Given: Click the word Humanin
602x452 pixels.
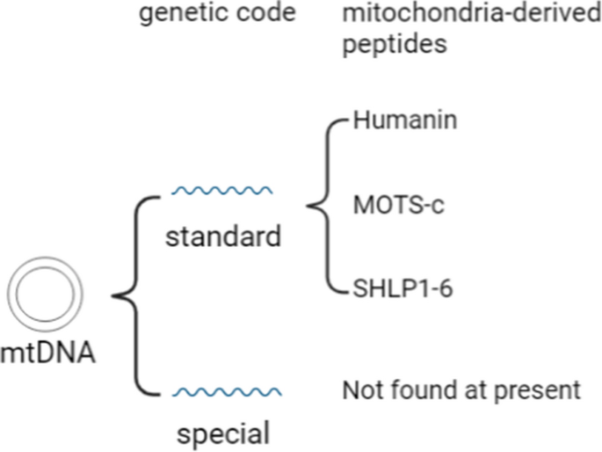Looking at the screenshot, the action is click(405, 120).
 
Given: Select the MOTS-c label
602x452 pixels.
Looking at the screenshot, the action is click(398, 204).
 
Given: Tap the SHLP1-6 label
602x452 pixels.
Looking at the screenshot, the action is click(403, 288).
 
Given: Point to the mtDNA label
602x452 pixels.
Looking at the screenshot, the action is click(47, 353).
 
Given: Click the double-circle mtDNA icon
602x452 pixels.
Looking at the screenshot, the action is click(8, 294).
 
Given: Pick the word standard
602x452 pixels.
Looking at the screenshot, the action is click(223, 237).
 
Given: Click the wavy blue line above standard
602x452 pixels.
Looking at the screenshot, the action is click(222, 191).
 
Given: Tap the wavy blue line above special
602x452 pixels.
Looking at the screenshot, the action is click(227, 391).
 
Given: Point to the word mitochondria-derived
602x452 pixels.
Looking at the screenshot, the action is click(472, 13).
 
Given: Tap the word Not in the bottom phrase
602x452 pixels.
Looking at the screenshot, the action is click(362, 390).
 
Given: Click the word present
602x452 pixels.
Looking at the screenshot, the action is click(537, 391).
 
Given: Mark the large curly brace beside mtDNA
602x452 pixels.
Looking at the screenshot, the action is click(136, 295).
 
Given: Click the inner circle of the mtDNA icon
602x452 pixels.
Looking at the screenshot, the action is click(17, 294).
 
